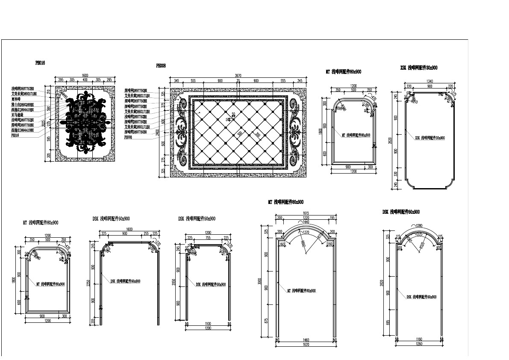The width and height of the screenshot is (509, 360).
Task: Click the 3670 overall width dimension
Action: pyautogui.click(x=238, y=76)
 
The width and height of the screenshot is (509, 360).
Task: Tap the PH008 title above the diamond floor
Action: pyautogui.click(x=161, y=66)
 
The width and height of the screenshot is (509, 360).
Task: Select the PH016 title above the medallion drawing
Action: pyautogui.click(x=40, y=62)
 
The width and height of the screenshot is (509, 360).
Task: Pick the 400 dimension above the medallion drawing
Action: pyautogui.click(x=85, y=80)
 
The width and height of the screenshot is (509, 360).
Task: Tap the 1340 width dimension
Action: pyautogui.click(x=429, y=81)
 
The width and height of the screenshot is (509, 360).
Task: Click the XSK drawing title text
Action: pyautogui.click(x=419, y=68)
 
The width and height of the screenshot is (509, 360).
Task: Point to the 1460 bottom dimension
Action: pyautogui.click(x=306, y=340)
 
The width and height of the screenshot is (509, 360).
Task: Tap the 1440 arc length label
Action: pyautogui.click(x=306, y=222)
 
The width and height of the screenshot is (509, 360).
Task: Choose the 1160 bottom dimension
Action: pyautogui.click(x=419, y=339)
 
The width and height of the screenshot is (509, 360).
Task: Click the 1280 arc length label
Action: pyautogui.click(x=419, y=225)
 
